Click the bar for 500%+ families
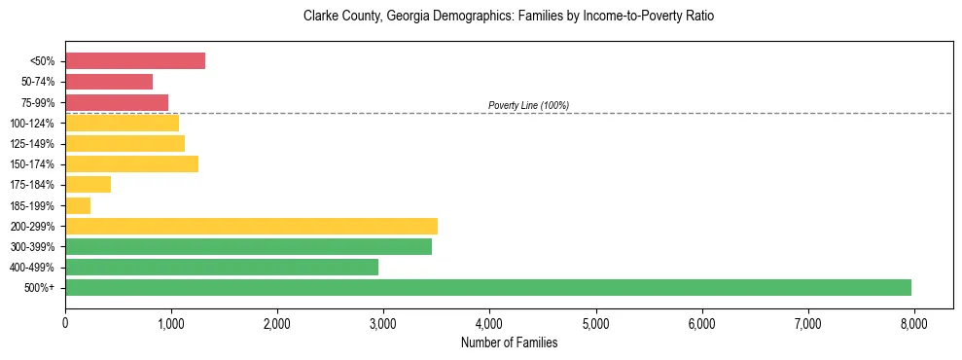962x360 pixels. point(488,287)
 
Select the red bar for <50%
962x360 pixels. point(135,60)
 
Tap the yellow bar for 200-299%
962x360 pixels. point(251,226)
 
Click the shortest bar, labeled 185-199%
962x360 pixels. point(78,205)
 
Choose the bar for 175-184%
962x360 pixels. point(89,184)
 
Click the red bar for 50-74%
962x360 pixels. point(109,82)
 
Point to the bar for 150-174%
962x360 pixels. point(131,163)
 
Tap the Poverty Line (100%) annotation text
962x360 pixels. point(528,105)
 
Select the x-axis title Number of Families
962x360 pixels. point(509,342)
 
